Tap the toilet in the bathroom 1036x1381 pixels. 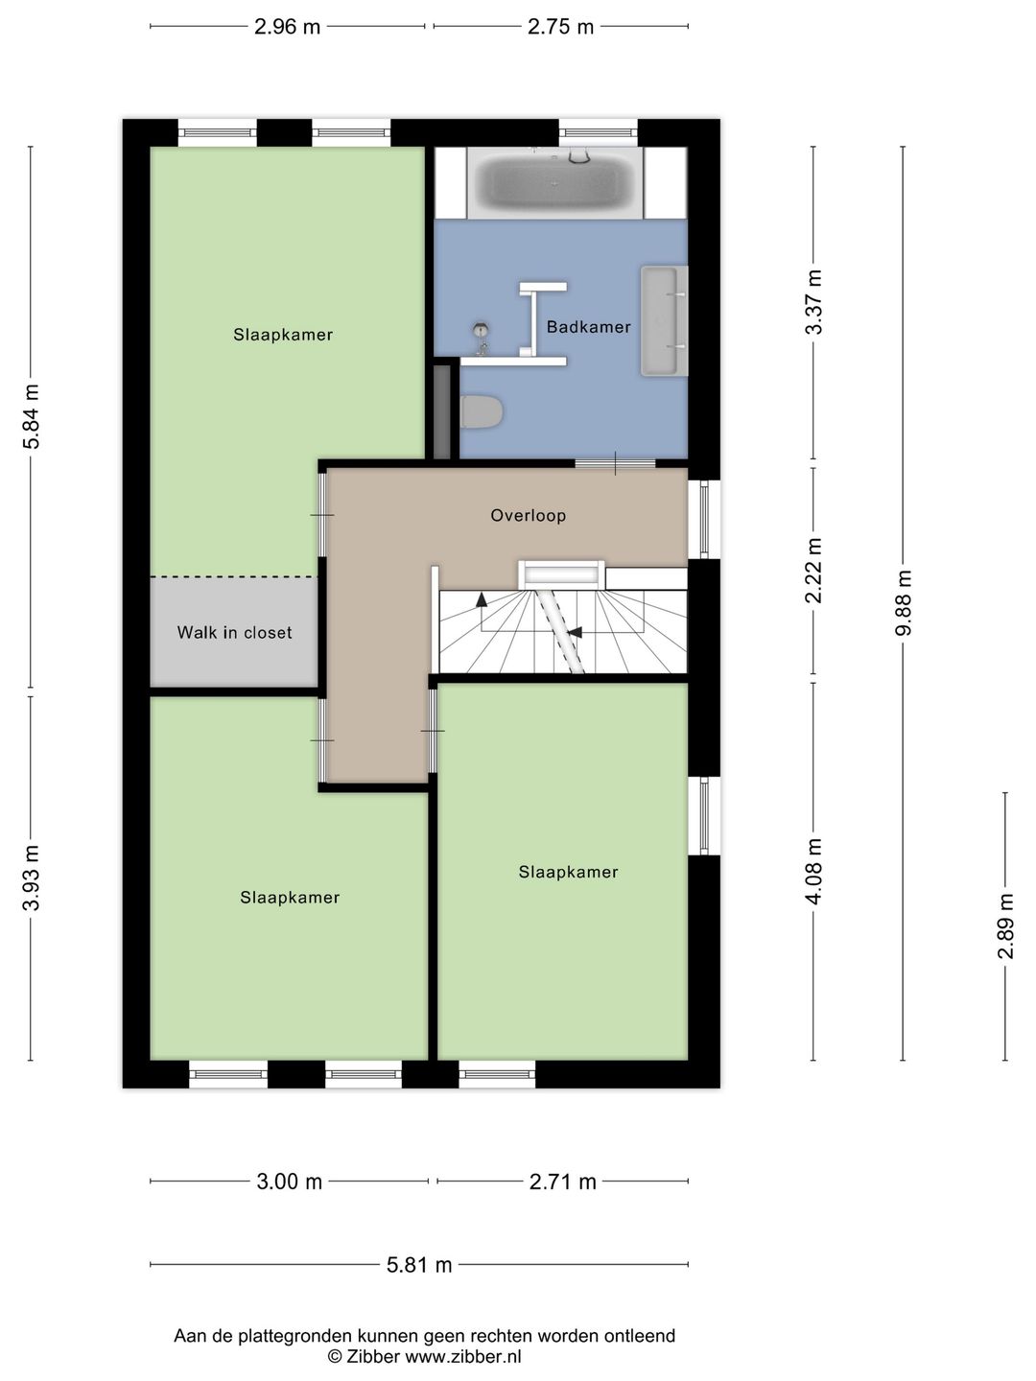click(482, 412)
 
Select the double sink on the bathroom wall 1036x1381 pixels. click(664, 321)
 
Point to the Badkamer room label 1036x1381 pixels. click(588, 327)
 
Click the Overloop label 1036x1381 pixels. click(528, 515)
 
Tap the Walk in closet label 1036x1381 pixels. click(234, 633)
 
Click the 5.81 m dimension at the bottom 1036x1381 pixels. click(419, 1265)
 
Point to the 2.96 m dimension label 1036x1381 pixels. click(288, 27)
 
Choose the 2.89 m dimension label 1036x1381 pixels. click(1005, 925)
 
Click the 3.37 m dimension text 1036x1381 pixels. click(813, 302)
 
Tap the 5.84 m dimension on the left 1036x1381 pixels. click(32, 416)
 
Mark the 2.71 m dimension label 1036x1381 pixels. click(563, 1182)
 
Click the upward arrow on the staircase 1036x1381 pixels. click(481, 600)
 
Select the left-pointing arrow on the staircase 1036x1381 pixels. click(576, 632)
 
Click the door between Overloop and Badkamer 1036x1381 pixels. click(615, 464)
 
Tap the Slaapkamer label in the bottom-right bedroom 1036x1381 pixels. click(568, 872)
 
